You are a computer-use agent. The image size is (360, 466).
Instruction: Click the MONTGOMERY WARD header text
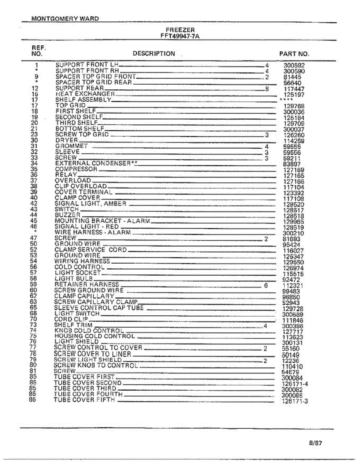click(65, 18)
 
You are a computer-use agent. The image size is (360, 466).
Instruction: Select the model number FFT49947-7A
click(180, 36)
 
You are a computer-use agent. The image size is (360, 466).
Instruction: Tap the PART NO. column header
click(294, 54)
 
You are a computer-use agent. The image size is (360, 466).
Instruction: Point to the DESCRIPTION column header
click(154, 54)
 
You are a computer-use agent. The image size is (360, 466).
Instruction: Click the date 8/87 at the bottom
click(316, 443)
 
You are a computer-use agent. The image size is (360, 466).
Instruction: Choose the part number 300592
click(294, 66)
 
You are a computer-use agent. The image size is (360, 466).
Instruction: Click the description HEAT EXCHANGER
click(85, 94)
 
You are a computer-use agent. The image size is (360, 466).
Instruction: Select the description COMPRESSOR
click(76, 169)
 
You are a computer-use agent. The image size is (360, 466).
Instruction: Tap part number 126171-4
click(295, 384)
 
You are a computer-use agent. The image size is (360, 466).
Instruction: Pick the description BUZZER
click(68, 215)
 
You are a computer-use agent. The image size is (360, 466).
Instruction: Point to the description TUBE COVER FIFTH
click(84, 400)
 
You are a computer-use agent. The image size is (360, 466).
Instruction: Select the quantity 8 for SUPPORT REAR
click(267, 89)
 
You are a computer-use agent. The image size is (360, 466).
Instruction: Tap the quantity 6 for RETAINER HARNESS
click(266, 285)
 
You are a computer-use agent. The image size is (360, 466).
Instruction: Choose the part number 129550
click(294, 262)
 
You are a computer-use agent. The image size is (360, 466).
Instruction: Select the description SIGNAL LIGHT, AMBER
click(90, 203)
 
